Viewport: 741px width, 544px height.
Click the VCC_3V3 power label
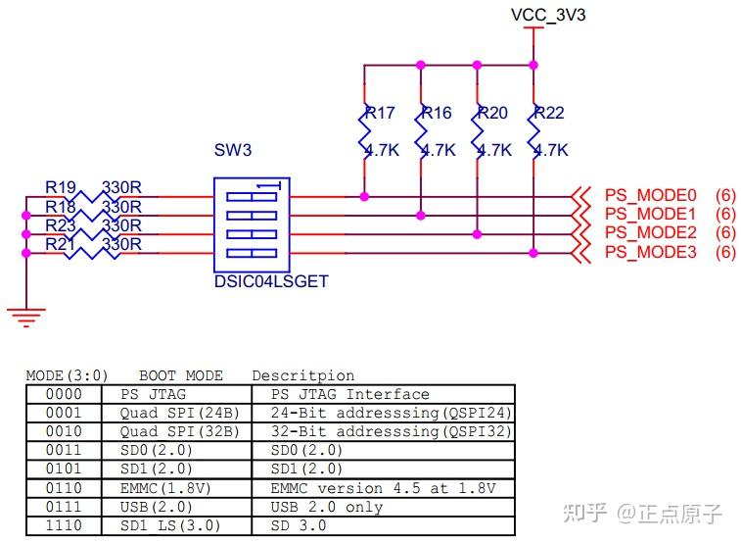point(548,15)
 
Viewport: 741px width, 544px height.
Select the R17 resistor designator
point(380,113)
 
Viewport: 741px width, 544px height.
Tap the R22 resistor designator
point(549,113)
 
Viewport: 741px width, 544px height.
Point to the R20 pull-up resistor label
point(492,113)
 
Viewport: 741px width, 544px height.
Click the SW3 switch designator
point(233,150)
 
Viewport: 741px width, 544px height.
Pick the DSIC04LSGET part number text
point(270,281)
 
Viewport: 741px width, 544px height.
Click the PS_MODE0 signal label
point(650,195)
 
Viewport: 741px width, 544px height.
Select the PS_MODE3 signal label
point(650,252)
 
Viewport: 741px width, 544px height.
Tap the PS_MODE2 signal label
point(650,232)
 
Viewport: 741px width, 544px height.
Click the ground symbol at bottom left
point(25,315)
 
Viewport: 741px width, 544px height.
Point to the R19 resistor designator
point(61,187)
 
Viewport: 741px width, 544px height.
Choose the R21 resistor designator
point(61,243)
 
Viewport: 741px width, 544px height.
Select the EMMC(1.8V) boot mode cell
point(166,488)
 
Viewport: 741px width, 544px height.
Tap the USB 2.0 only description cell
point(327,507)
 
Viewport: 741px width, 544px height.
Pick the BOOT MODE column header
point(181,375)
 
